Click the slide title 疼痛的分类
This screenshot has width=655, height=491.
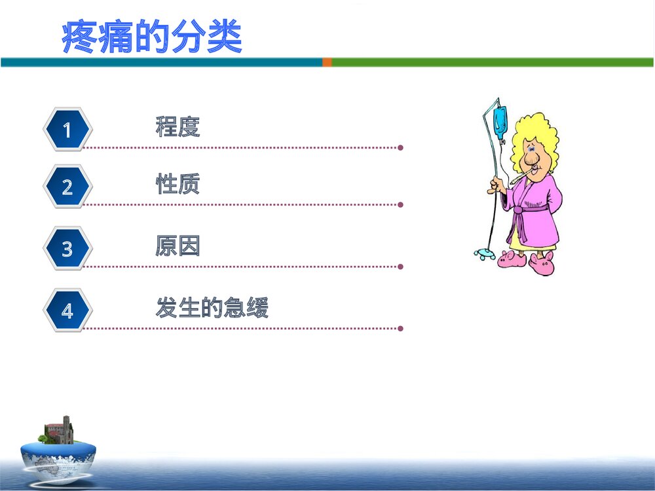[x=152, y=38]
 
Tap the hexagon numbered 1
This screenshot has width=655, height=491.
[x=67, y=130]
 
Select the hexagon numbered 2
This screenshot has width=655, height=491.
[x=67, y=187]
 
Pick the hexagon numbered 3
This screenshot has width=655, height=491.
[x=67, y=249]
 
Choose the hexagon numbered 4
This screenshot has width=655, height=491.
[x=67, y=311]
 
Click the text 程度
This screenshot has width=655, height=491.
[x=178, y=126]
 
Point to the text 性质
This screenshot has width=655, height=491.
[x=178, y=184]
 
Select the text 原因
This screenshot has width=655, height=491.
[x=178, y=246]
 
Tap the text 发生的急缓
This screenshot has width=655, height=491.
[x=212, y=308]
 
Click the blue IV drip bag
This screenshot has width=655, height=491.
[x=500, y=122]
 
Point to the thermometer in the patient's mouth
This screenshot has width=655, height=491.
[x=517, y=177]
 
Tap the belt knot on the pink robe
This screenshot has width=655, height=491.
[x=519, y=210]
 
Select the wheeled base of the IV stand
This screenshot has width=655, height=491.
[x=485, y=254]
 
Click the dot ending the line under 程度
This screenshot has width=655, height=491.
[x=400, y=148]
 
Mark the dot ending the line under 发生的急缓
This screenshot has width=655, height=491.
[x=400, y=329]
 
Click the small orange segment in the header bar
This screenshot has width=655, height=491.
[x=327, y=62]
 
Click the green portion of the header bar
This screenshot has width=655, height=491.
[x=491, y=62]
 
